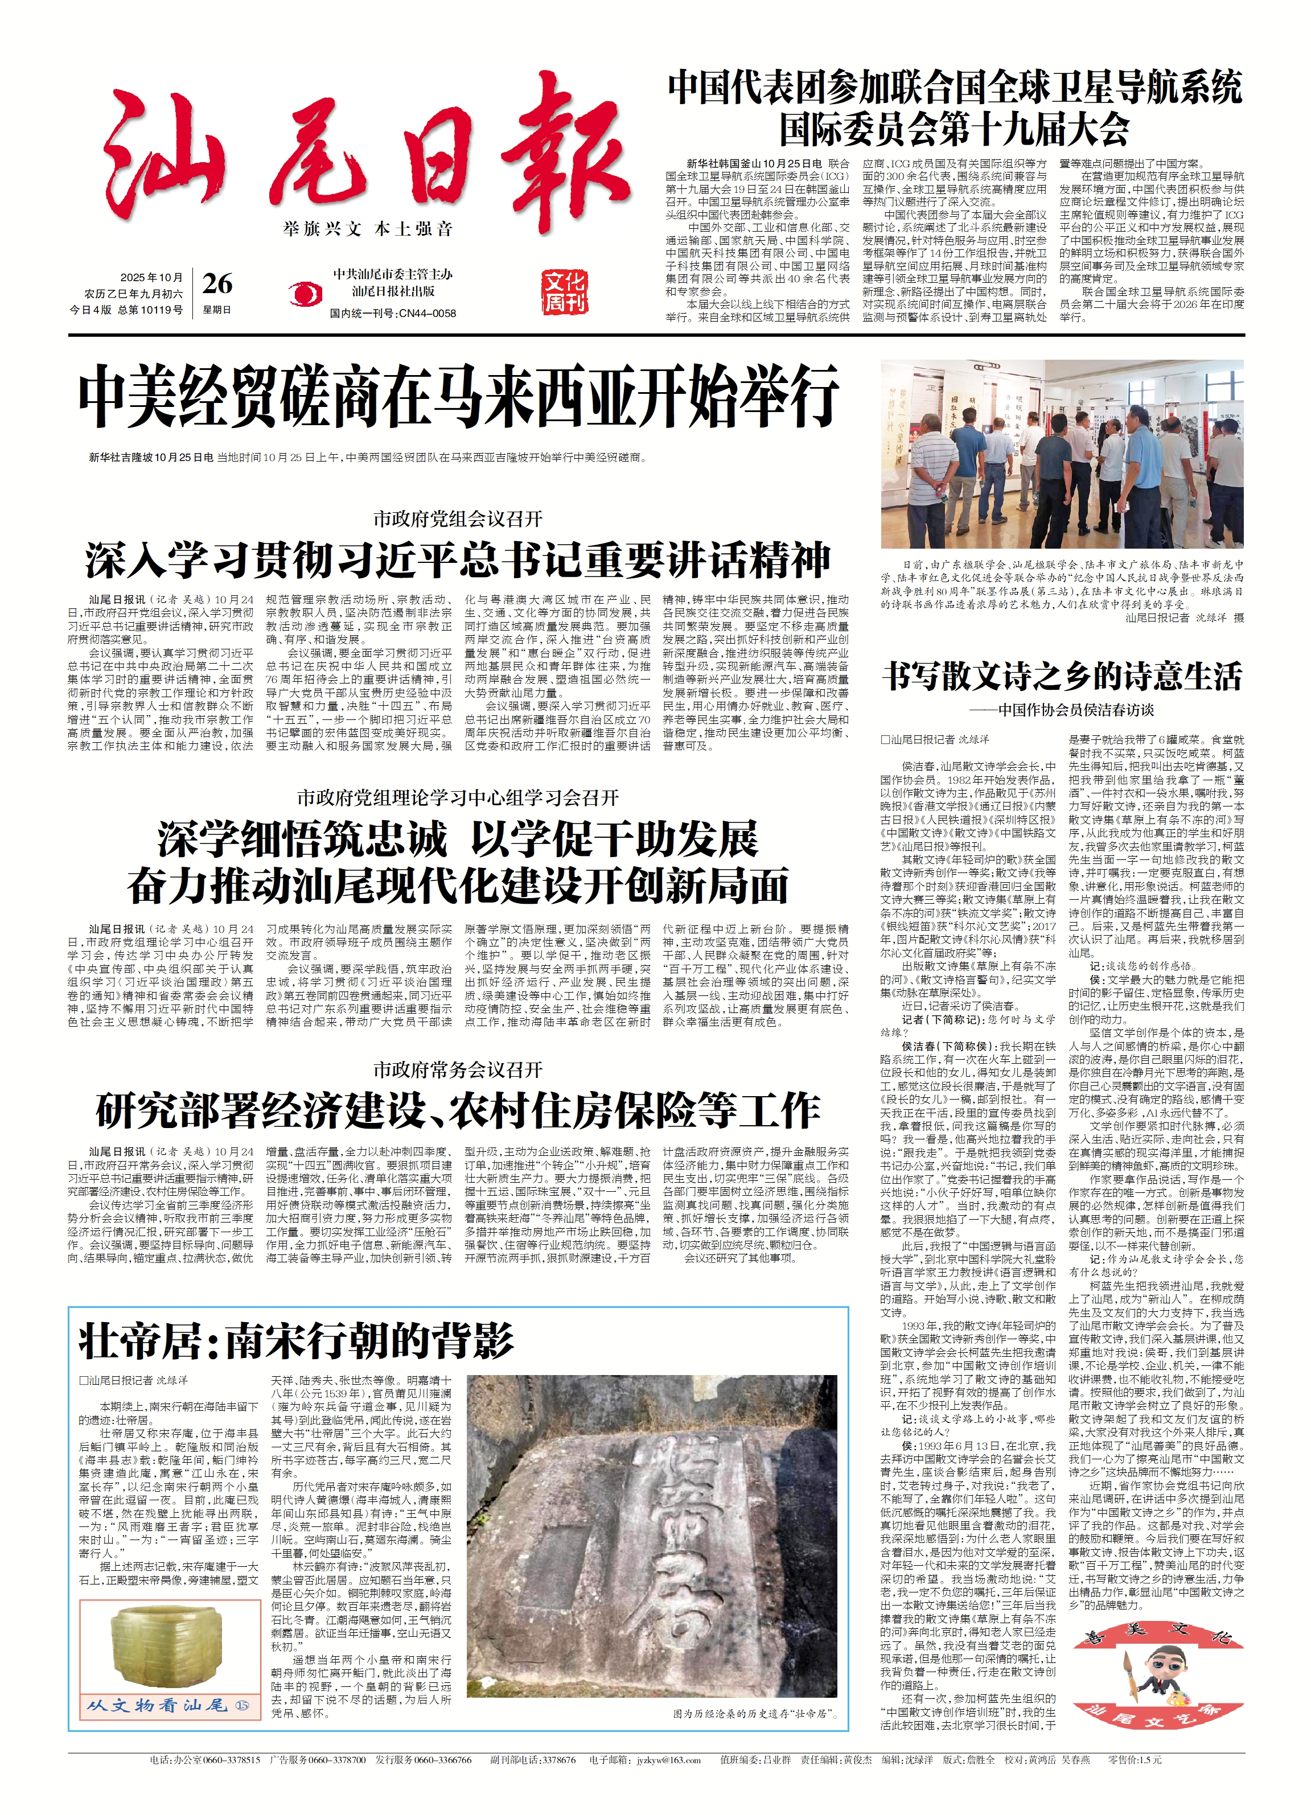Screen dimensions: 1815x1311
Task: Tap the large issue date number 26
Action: pos(217,284)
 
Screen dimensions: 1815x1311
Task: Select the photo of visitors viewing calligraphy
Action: pos(1062,454)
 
